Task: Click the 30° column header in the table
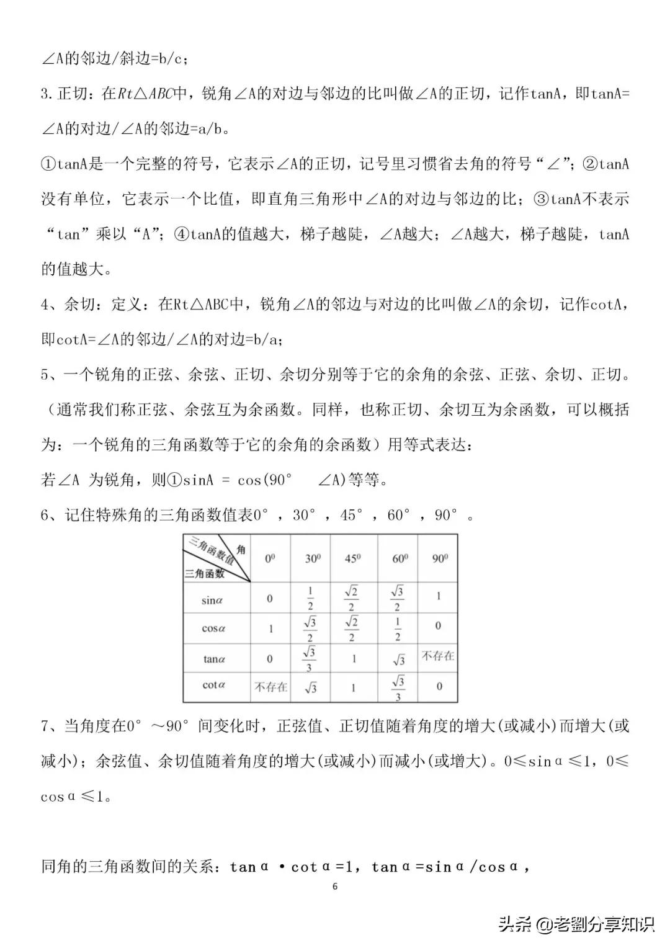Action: pos(313,558)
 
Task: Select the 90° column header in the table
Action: pos(440,558)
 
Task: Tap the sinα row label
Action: pos(212,599)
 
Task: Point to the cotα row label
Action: pos(213,685)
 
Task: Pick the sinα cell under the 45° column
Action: pos(352,598)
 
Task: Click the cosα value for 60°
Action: pos(398,628)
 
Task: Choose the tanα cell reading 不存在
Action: pos(438,656)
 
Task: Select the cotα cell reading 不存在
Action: pos(271,687)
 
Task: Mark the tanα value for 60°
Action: pos(398,660)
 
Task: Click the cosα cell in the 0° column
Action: pos(270,628)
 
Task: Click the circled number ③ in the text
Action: pos(541,199)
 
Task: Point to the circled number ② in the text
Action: pos(591,164)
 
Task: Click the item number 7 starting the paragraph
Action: pos(45,726)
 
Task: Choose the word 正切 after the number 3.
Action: pos(73,94)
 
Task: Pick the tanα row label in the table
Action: pos(213,658)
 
